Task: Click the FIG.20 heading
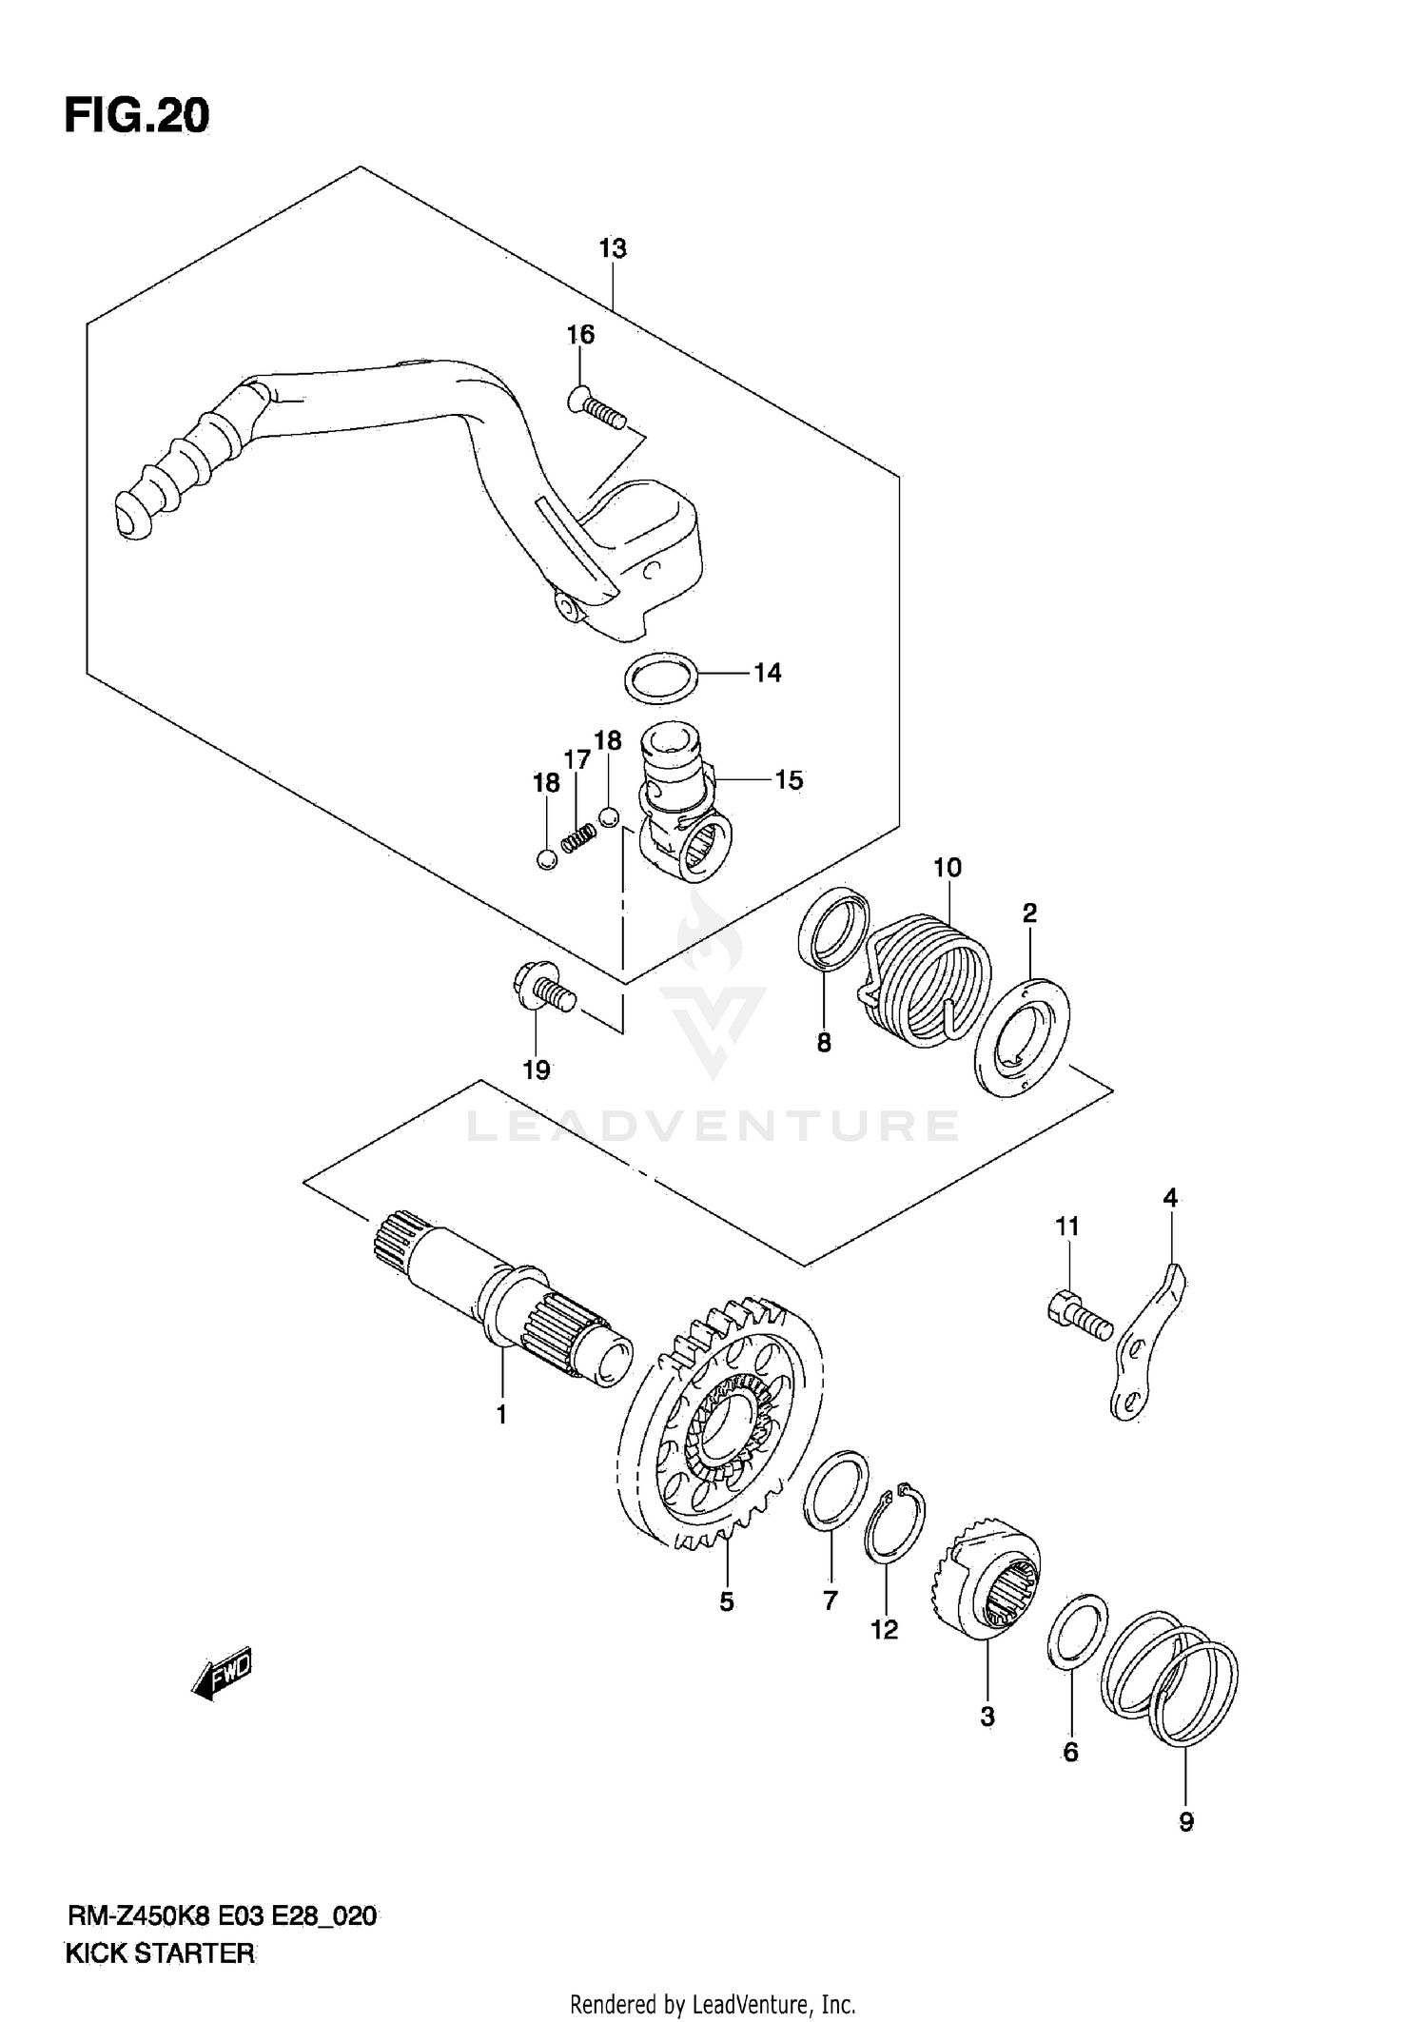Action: point(136,116)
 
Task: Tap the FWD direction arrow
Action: point(221,1672)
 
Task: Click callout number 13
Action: point(613,248)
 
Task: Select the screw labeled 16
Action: point(596,409)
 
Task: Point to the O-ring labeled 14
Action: point(660,678)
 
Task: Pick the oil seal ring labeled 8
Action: point(832,929)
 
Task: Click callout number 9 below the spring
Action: point(1185,1822)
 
